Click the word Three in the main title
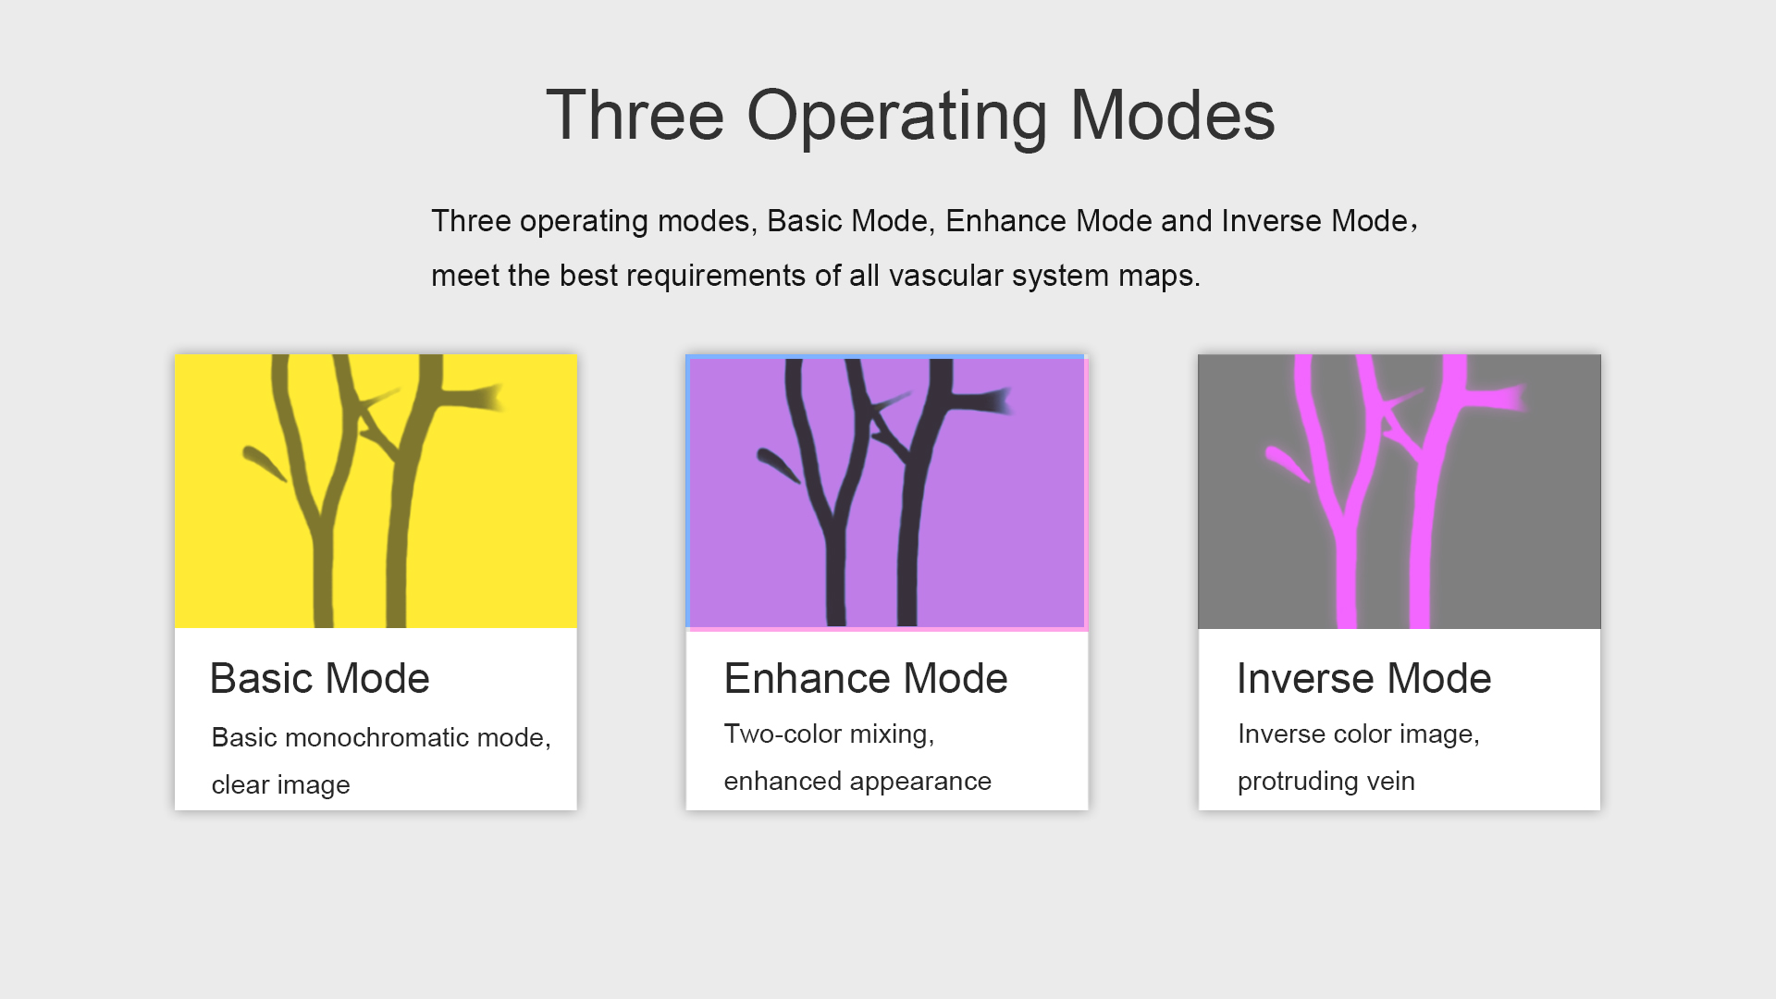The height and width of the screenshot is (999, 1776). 635,116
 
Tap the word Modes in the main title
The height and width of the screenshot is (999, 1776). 1172,116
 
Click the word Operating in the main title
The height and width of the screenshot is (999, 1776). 896,118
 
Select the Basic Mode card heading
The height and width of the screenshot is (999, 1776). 320,678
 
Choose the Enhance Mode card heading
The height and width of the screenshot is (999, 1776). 866,678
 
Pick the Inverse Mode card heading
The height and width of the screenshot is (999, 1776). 1364,678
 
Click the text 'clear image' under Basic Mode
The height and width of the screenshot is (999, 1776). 281,784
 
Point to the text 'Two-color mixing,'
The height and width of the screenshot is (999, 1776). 830,734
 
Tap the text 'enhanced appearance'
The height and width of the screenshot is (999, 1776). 857,781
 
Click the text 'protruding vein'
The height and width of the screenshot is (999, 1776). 1326,781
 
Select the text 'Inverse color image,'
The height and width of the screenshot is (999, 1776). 1359,734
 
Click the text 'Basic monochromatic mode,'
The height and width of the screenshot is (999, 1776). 381,737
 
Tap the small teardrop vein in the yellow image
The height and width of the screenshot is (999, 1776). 265,463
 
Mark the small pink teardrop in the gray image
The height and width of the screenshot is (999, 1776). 1288,463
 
